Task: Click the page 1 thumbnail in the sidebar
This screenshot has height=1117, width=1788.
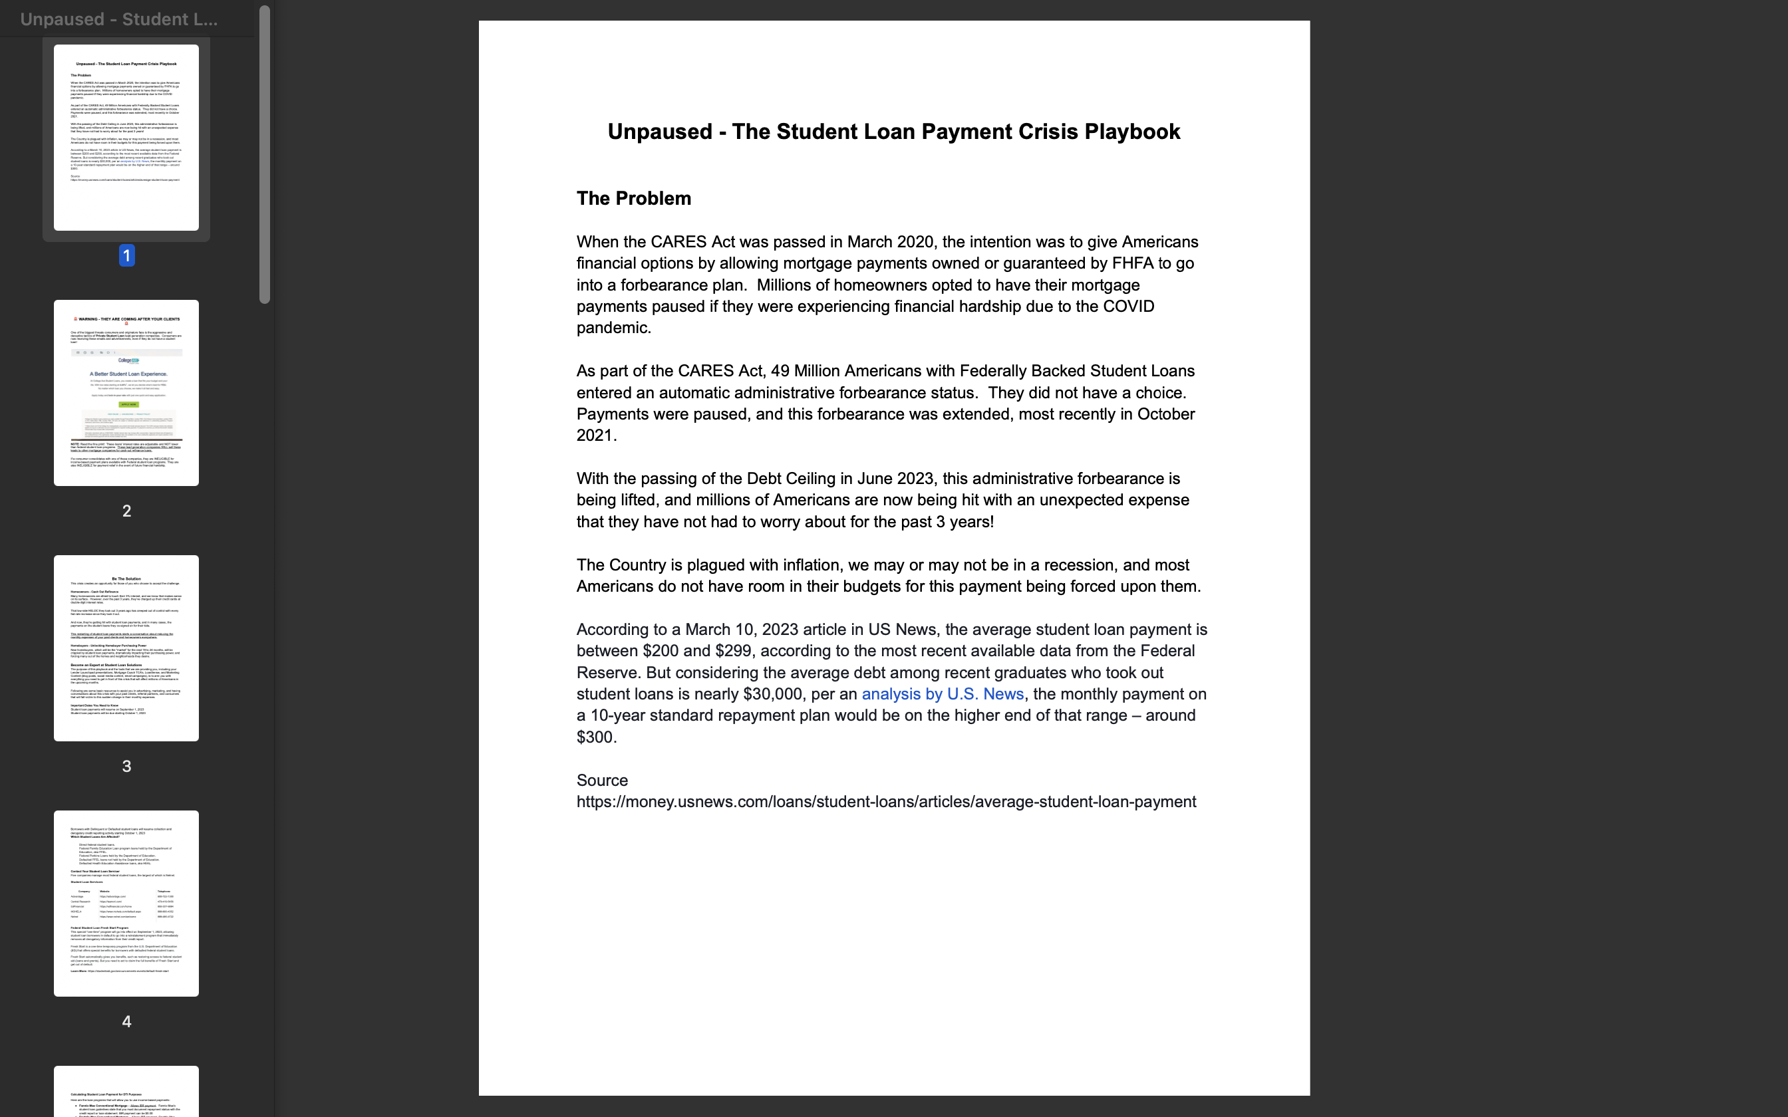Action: pyautogui.click(x=126, y=138)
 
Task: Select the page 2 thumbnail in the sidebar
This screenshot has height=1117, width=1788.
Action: pyautogui.click(x=126, y=392)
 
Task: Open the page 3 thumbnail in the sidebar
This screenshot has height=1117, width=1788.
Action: pyautogui.click(x=126, y=648)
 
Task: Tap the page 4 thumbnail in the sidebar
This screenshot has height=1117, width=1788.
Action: pyautogui.click(x=126, y=903)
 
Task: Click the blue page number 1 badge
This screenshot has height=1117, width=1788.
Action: pyautogui.click(x=126, y=255)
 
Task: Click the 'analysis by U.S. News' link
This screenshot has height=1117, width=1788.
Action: pyautogui.click(x=942, y=694)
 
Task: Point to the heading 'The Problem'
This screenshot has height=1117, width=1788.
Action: pyautogui.click(x=633, y=199)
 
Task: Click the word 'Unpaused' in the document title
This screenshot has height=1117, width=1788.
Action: pyautogui.click(x=659, y=132)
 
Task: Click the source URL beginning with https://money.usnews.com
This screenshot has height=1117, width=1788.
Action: pyautogui.click(x=886, y=803)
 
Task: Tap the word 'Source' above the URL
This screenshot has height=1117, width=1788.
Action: pyautogui.click(x=601, y=781)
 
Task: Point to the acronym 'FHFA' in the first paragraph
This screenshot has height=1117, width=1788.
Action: pyautogui.click(x=1133, y=264)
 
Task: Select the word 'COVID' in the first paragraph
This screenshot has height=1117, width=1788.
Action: pyautogui.click(x=1128, y=307)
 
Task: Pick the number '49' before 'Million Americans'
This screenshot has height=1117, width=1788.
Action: pyautogui.click(x=780, y=371)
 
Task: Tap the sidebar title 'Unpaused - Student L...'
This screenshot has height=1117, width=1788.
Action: pyautogui.click(x=118, y=19)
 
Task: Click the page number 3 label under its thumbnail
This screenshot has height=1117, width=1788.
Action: pyautogui.click(x=126, y=767)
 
